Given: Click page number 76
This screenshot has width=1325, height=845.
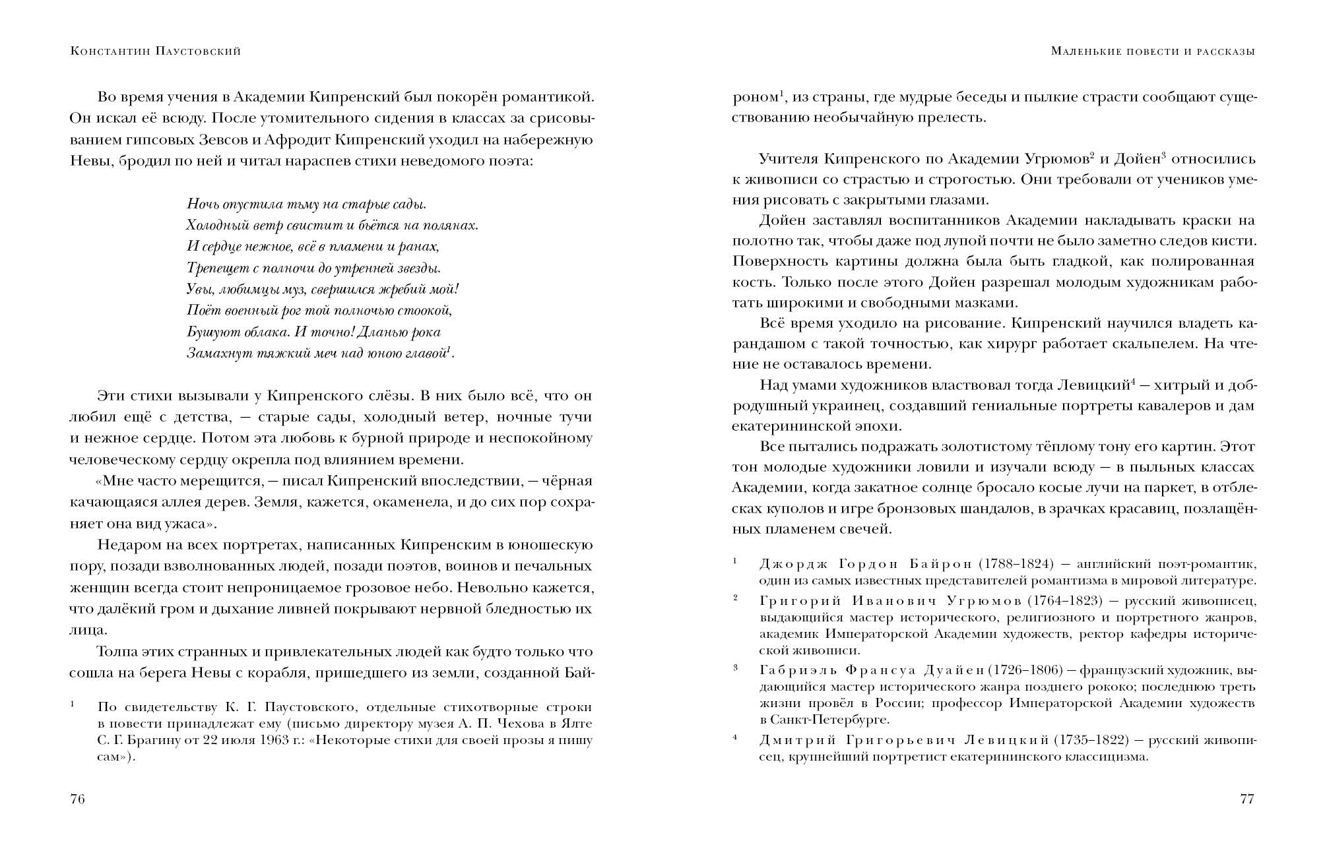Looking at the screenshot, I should click(x=77, y=799).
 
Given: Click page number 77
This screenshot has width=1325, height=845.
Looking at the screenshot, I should click(x=1246, y=799).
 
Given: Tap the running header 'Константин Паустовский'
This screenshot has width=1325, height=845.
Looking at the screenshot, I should click(x=155, y=51).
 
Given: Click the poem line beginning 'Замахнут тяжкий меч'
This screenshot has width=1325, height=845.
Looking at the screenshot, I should click(x=321, y=354).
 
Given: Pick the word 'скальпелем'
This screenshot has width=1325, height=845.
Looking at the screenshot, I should click(x=1160, y=344).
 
